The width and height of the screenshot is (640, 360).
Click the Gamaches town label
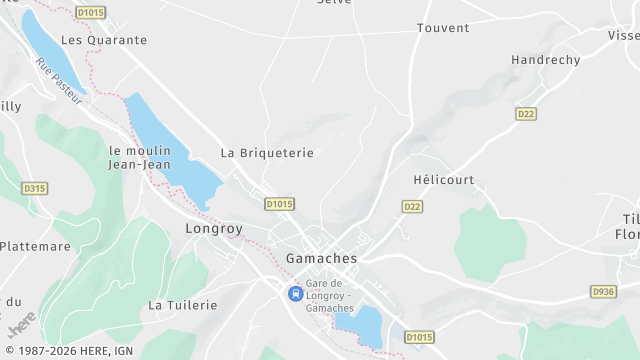321,258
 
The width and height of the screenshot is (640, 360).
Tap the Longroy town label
214,229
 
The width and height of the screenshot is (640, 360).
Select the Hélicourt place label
443,180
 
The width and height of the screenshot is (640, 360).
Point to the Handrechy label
545,60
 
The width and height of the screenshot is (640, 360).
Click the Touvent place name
443,28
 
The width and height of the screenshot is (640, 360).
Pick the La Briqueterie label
267,153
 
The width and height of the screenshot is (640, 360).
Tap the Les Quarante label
104,40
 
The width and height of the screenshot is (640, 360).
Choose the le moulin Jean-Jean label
140,157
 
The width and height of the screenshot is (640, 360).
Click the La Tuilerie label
182,304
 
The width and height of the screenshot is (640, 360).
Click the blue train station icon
294,293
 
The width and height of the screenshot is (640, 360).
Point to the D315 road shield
34,188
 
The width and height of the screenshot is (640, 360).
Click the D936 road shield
603,291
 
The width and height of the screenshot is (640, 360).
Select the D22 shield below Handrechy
526,114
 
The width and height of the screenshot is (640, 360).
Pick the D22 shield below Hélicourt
412,206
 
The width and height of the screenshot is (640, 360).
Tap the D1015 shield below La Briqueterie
279,204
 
